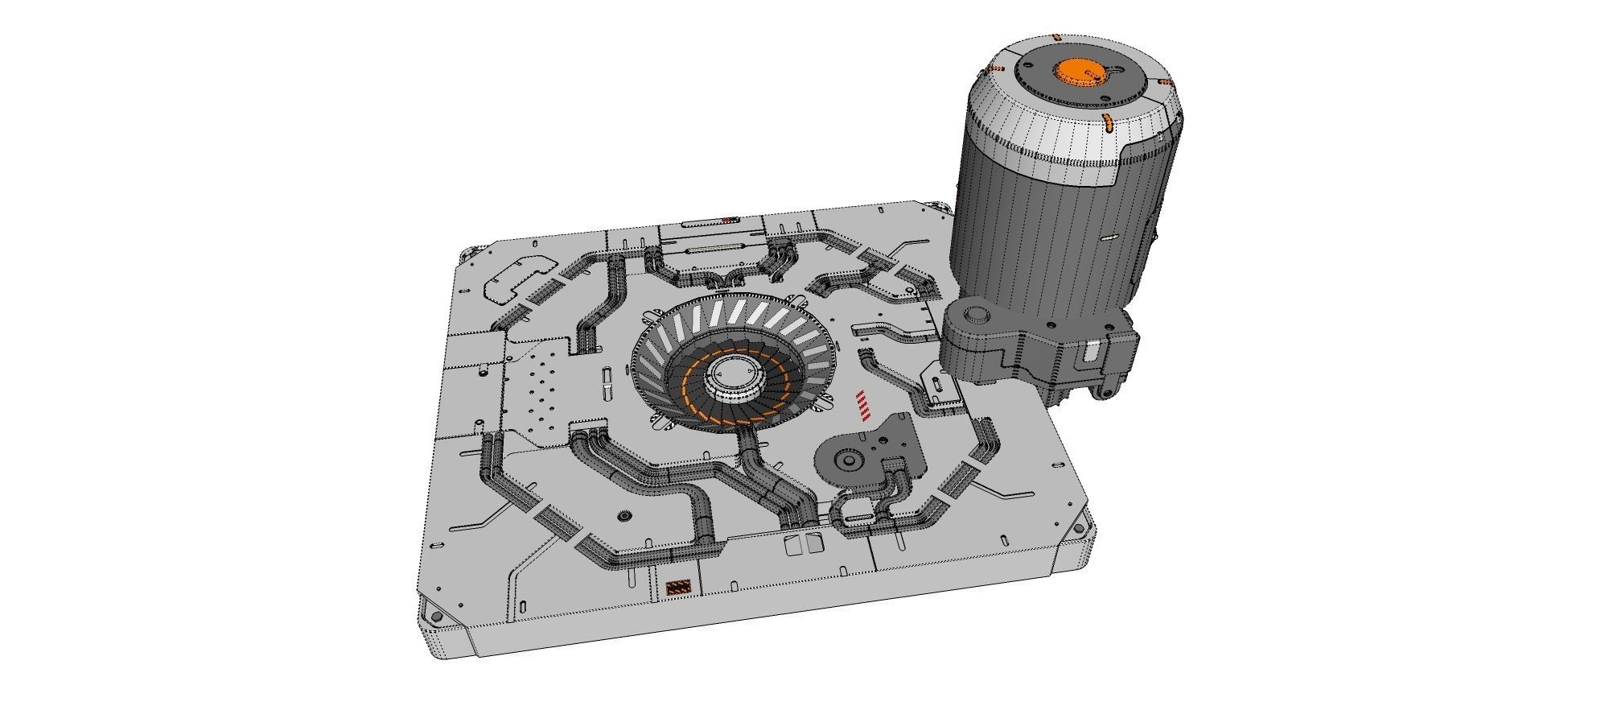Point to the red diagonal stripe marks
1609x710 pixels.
click(863, 406)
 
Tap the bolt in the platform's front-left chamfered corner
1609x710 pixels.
click(436, 616)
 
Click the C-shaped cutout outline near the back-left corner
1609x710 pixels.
click(519, 278)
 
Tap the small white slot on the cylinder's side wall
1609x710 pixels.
click(1109, 237)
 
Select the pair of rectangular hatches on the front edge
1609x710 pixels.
click(799, 546)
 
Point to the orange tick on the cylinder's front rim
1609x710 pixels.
click(1108, 123)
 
